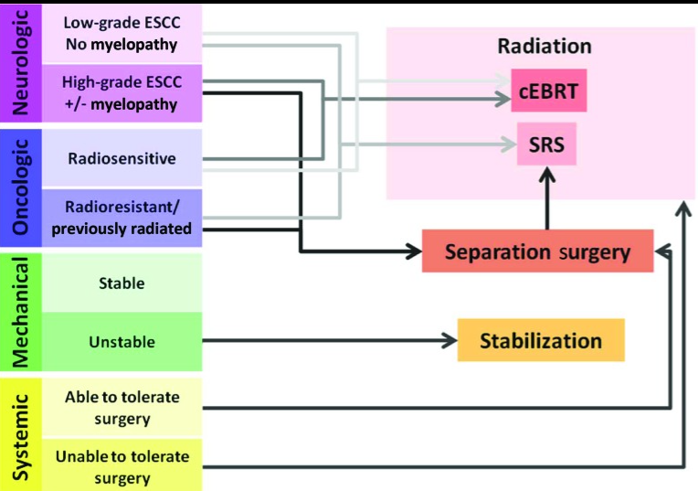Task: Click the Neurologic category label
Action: coord(20,63)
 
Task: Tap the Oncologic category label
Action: coord(20,187)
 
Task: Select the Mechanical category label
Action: coord(20,310)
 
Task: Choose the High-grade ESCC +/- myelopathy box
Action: coord(122,92)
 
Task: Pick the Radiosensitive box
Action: coord(122,158)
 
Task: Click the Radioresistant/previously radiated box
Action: coord(122,218)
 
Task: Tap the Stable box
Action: coord(122,283)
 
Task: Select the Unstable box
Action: coord(122,342)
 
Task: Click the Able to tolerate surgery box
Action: coord(122,408)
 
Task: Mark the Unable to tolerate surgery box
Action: coord(122,466)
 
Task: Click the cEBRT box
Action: coord(547,92)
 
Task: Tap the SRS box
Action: coord(546,144)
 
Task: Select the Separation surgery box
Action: coord(537,251)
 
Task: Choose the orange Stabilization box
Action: coord(541,341)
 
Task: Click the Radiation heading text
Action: coord(545,46)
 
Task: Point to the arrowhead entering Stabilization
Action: coord(448,342)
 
